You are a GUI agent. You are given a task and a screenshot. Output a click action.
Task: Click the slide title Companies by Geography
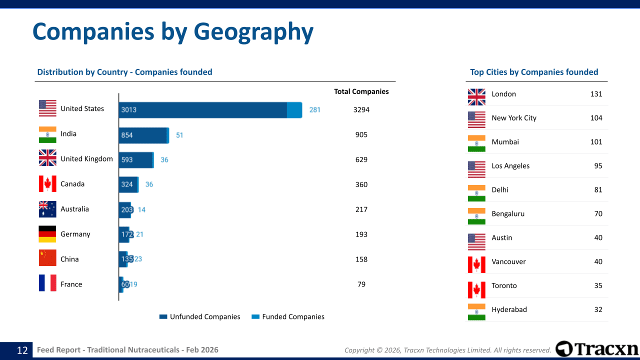point(172,32)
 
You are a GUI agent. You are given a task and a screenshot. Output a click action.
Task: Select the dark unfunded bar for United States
point(202,110)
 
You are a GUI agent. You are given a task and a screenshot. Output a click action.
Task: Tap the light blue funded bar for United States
point(294,110)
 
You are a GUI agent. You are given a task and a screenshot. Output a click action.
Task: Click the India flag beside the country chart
point(47,134)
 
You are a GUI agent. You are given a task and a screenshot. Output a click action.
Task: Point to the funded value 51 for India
point(179,135)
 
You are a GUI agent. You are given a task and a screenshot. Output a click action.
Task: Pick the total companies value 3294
point(361,109)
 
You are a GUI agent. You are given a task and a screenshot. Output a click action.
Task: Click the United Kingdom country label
point(86,159)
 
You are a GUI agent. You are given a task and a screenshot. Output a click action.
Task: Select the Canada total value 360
point(361,184)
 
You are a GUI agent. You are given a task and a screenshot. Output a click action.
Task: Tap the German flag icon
point(47,234)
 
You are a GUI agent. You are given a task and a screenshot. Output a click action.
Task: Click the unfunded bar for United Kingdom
point(135,160)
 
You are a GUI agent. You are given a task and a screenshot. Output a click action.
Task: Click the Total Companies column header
point(361,91)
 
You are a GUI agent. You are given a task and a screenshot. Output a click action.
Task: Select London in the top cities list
point(503,94)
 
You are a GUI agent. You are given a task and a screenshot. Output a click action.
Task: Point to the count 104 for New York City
point(596,118)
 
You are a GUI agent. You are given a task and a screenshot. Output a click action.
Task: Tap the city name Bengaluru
point(508,214)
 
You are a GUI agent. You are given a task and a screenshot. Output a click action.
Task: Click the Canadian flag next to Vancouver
point(476,264)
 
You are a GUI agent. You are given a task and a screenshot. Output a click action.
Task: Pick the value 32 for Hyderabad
point(598,309)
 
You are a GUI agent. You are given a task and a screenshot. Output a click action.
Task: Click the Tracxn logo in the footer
point(597,349)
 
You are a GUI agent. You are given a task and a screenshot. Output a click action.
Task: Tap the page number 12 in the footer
point(22,350)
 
